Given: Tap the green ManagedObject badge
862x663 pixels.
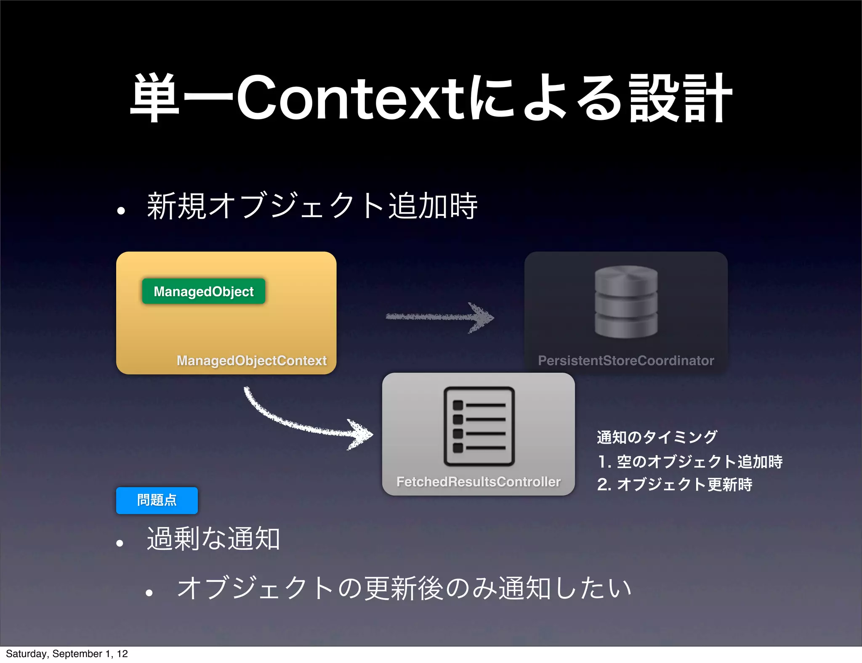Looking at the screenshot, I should (204, 291).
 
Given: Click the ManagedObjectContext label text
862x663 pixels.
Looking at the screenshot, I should (251, 361).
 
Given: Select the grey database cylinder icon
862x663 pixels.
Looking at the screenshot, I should (626, 302).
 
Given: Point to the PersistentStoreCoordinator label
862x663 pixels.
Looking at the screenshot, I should (626, 361).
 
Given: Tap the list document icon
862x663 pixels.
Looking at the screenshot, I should (479, 426).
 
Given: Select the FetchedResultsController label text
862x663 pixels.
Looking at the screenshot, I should (479, 482).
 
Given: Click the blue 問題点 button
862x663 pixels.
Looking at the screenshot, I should (157, 500).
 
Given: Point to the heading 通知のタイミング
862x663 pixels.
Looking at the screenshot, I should (657, 437).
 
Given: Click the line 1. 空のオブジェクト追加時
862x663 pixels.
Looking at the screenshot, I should (690, 461).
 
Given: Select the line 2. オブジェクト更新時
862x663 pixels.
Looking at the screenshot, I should (675, 484).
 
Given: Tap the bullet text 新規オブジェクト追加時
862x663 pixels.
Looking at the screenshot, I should (312, 206).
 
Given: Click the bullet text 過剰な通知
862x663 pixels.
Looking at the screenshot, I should (213, 538).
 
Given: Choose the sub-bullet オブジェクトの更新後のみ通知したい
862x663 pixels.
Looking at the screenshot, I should (404, 588).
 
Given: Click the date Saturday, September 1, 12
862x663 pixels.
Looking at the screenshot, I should (67, 654).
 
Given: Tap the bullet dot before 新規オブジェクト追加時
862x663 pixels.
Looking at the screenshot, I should (121, 211).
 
